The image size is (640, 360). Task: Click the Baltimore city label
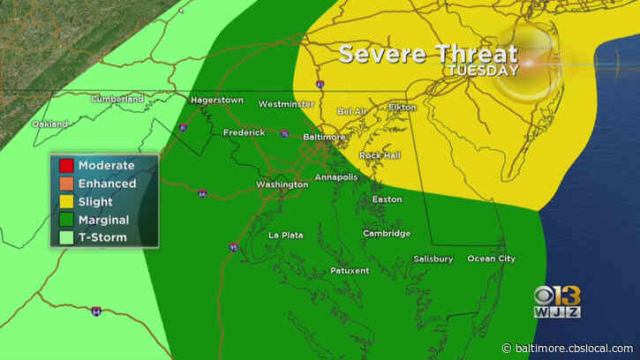(x=320, y=138)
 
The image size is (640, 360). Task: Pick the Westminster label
(x=286, y=104)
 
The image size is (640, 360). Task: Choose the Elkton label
(x=402, y=108)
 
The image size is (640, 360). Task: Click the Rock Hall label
(x=380, y=155)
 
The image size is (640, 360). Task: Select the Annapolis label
(x=337, y=176)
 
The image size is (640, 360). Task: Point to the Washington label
(x=282, y=184)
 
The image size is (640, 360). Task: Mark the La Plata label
(x=285, y=235)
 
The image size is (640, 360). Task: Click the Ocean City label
(x=491, y=259)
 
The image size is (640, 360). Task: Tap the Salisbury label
(x=433, y=259)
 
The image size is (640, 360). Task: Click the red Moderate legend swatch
(x=65, y=165)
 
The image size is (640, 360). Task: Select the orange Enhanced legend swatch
(x=65, y=184)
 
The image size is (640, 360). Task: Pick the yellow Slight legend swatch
(x=65, y=202)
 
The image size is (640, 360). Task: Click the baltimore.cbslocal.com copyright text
(x=576, y=348)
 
